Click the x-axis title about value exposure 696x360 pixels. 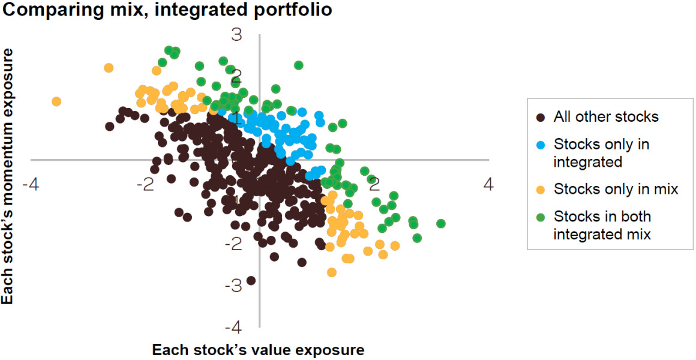pyautogui.click(x=258, y=350)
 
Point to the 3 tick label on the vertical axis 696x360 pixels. pyautogui.click(x=237, y=35)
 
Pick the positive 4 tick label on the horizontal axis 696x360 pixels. pyautogui.click(x=488, y=184)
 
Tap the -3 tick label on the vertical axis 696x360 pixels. pyautogui.click(x=234, y=286)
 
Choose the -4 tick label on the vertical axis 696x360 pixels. pyautogui.click(x=234, y=328)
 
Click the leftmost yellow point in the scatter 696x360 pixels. pyautogui.click(x=56, y=101)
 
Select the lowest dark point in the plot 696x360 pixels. pyautogui.click(x=251, y=280)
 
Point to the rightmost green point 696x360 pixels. pyautogui.click(x=441, y=223)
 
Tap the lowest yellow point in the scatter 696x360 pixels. pyautogui.click(x=332, y=272)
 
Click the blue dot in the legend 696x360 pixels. pyautogui.click(x=541, y=145)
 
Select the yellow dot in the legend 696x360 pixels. pyautogui.click(x=541, y=190)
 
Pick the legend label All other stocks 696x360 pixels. pyautogui.click(x=606, y=117)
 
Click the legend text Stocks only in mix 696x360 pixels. pyautogui.click(x=616, y=190)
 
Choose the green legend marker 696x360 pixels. pyautogui.click(x=541, y=217)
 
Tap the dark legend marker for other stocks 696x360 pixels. pyautogui.click(x=541, y=117)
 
